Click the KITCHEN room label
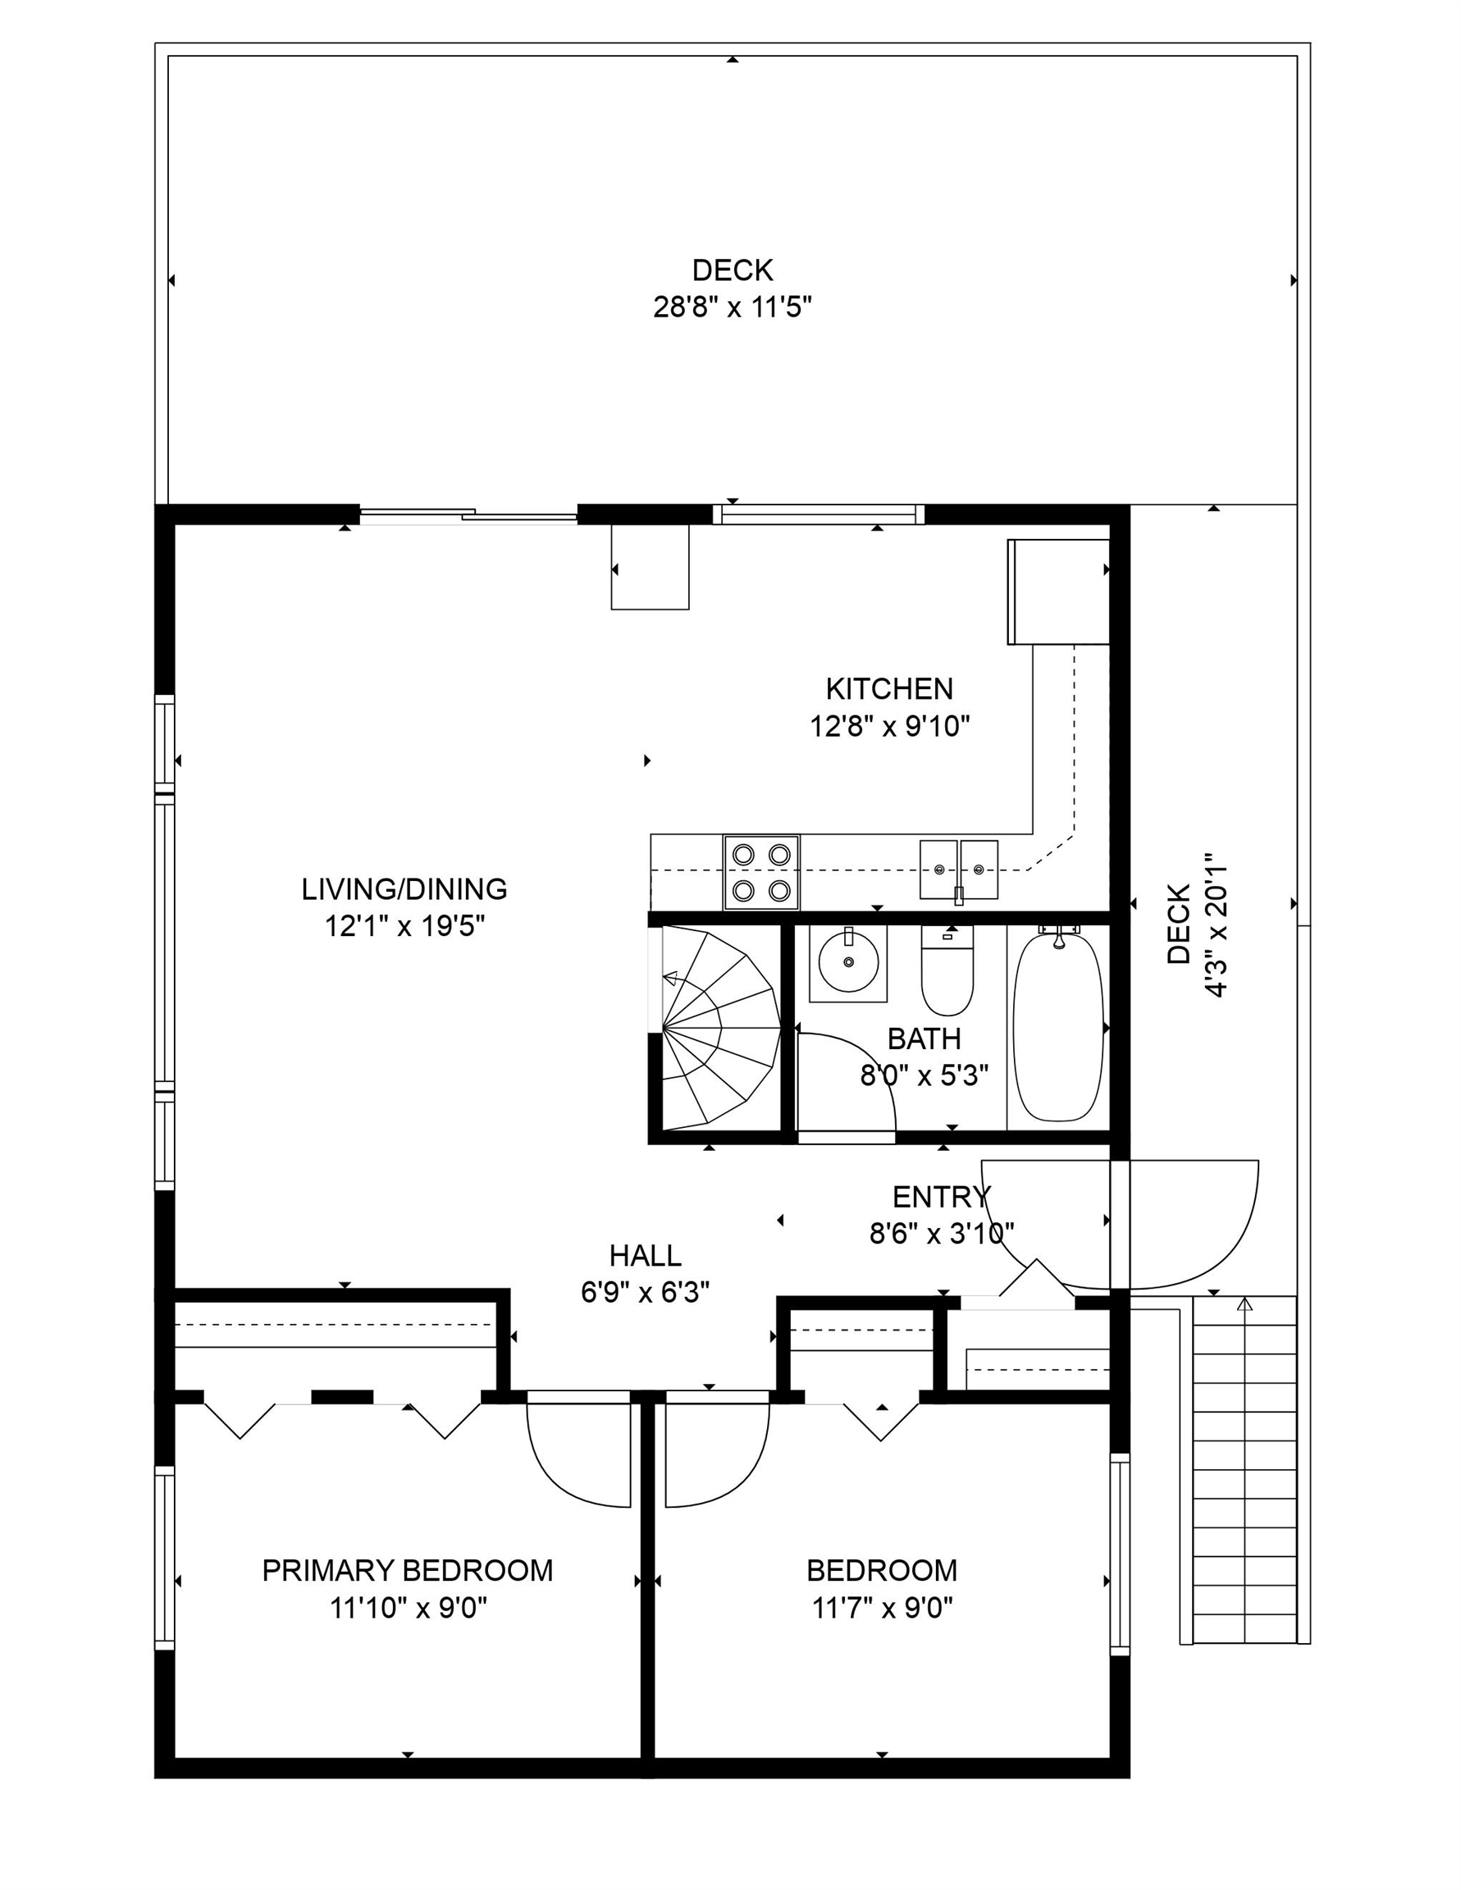pyautogui.click(x=889, y=689)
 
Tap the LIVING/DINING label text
pyautogui.click(x=404, y=888)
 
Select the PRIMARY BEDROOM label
pyautogui.click(x=408, y=1570)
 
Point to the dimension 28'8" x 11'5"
pyautogui.click(x=733, y=306)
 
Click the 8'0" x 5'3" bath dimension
pyautogui.click(x=924, y=1075)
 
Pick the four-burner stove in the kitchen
pyautogui.click(x=761, y=872)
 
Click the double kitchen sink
pyautogui.click(x=959, y=870)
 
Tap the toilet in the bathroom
pyautogui.click(x=947, y=970)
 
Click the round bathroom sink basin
pyautogui.click(x=848, y=961)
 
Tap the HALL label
pyautogui.click(x=645, y=1255)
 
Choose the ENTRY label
pyautogui.click(x=941, y=1197)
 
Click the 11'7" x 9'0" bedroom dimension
pyautogui.click(x=882, y=1608)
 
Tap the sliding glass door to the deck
pyautogui.click(x=468, y=517)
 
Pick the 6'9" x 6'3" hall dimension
pyautogui.click(x=645, y=1292)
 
